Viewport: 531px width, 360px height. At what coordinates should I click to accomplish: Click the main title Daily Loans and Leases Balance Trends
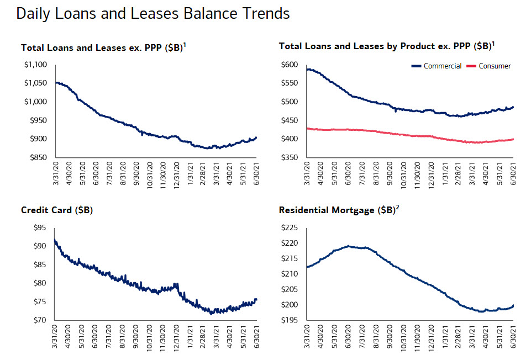point(153,13)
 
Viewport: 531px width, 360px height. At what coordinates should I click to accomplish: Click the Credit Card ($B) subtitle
point(56,210)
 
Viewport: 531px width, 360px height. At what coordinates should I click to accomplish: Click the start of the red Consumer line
point(307,128)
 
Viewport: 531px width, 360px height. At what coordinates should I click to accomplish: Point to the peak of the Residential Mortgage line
point(349,246)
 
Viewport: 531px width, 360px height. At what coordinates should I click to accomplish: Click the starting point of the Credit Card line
point(55,240)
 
